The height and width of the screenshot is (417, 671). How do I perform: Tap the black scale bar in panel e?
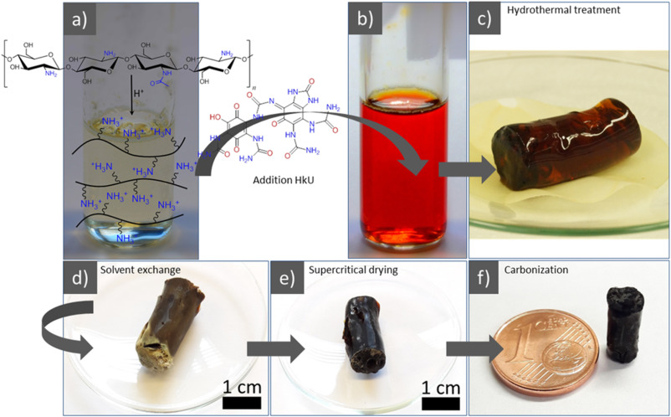[440, 401]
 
